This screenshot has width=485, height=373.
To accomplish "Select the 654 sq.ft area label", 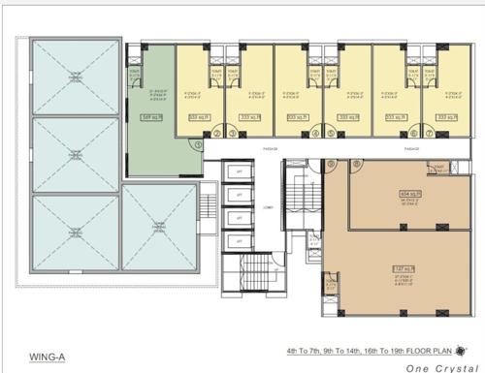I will pos(409,193).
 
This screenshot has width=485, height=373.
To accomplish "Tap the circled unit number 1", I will pos(197,144).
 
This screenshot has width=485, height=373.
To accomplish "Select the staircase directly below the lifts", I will pos(242,281).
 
